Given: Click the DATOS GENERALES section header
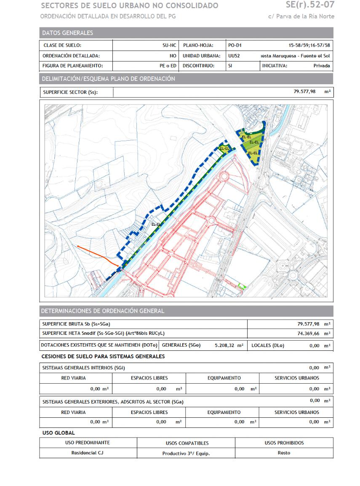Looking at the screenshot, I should coord(67,33).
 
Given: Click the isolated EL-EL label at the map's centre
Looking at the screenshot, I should coord(155,224).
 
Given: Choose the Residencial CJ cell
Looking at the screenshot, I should coord(88,453).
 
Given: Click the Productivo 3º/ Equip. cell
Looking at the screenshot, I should coord(186,454).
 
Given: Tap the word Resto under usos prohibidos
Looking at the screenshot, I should coord(284,453).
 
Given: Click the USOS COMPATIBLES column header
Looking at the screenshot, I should coord(186,443).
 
